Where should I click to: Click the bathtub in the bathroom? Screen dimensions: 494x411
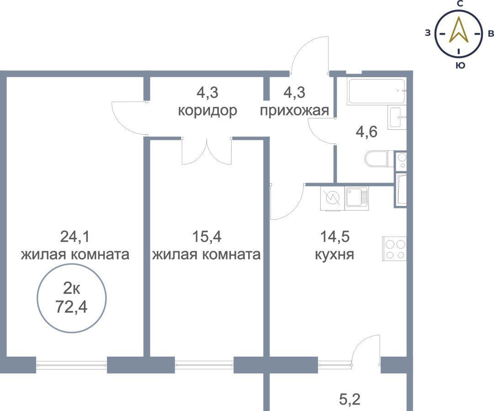(376, 91)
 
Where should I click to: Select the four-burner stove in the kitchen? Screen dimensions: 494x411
(394, 249)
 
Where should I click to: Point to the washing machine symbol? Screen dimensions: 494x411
(333, 198)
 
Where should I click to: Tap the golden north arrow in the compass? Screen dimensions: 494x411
(459, 30)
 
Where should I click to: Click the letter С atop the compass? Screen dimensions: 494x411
(460, 4)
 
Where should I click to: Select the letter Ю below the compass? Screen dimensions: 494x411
(460, 65)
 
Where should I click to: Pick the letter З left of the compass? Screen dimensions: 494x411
(428, 33)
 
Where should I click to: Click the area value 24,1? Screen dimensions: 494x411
(74, 237)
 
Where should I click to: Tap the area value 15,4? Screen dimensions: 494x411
(207, 237)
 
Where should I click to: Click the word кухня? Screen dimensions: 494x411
(335, 254)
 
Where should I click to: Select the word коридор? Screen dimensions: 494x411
(207, 111)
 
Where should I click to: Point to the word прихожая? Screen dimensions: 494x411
(295, 111)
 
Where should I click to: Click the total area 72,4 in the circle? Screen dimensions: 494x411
(71, 306)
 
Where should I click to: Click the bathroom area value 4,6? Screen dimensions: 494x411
(367, 132)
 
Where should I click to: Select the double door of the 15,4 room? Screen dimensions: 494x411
(207, 152)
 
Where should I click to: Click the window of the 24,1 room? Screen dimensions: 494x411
(71, 365)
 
